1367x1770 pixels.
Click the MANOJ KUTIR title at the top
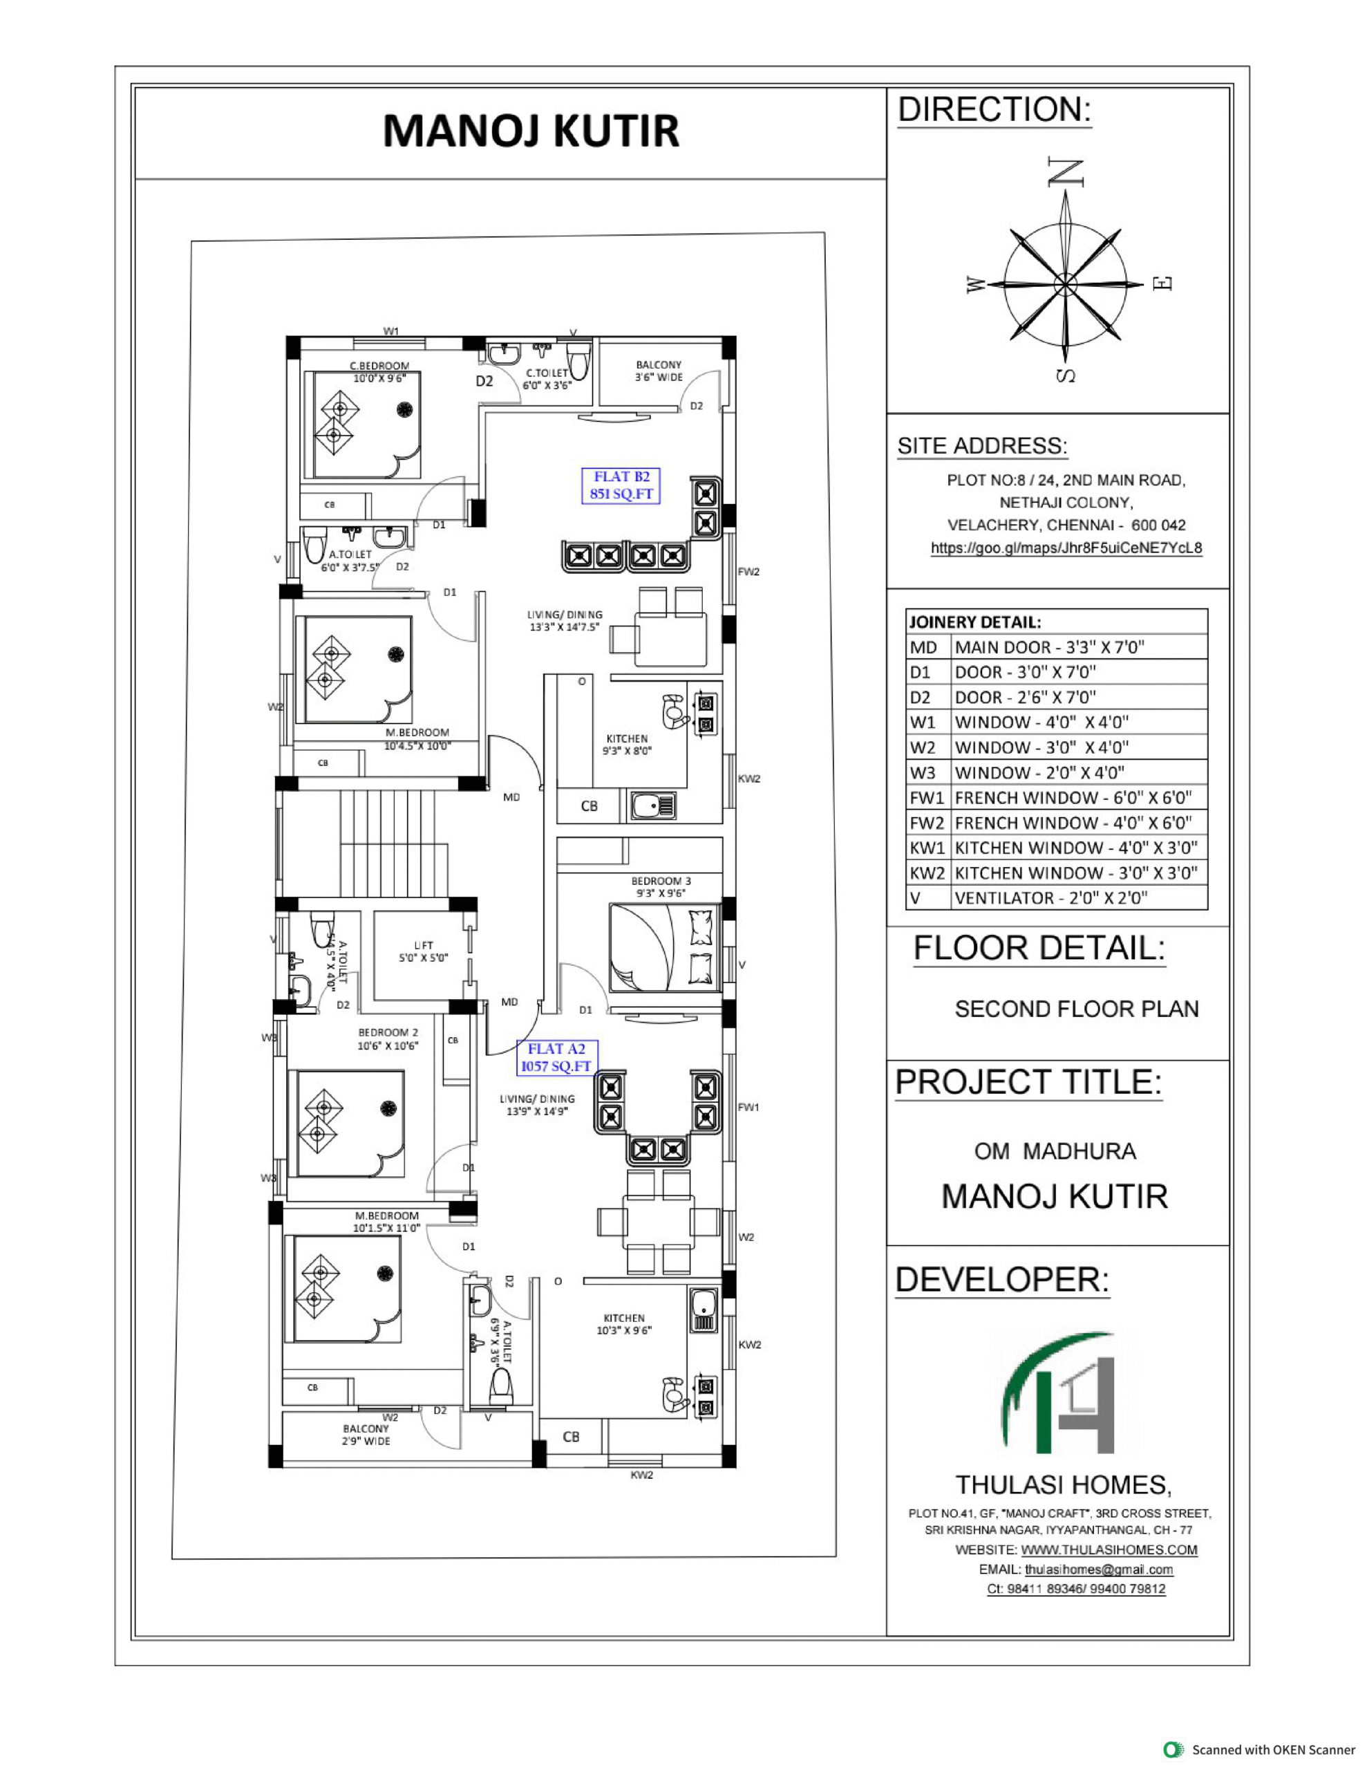pyautogui.click(x=531, y=131)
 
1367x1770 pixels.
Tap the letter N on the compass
pyautogui.click(x=1066, y=171)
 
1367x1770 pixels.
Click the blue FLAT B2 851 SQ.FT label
pyautogui.click(x=621, y=485)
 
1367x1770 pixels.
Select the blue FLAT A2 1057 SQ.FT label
pyautogui.click(x=557, y=1058)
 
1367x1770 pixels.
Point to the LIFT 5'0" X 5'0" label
pyautogui.click(x=423, y=951)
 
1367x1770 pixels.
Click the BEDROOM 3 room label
pyautogui.click(x=661, y=886)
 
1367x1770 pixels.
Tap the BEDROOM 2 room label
pyautogui.click(x=388, y=1039)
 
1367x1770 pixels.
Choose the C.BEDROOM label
pyautogui.click(x=379, y=372)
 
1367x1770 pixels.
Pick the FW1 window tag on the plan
pyautogui.click(x=748, y=1107)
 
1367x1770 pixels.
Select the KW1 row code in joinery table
pyautogui.click(x=927, y=848)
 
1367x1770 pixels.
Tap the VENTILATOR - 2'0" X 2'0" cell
pyautogui.click(x=1051, y=898)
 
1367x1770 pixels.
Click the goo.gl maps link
pyautogui.click(x=1066, y=548)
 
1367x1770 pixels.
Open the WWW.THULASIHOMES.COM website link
pyautogui.click(x=1109, y=1549)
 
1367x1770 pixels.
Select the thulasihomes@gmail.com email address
pyautogui.click(x=1099, y=1569)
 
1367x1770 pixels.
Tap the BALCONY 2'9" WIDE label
pyautogui.click(x=366, y=1435)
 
